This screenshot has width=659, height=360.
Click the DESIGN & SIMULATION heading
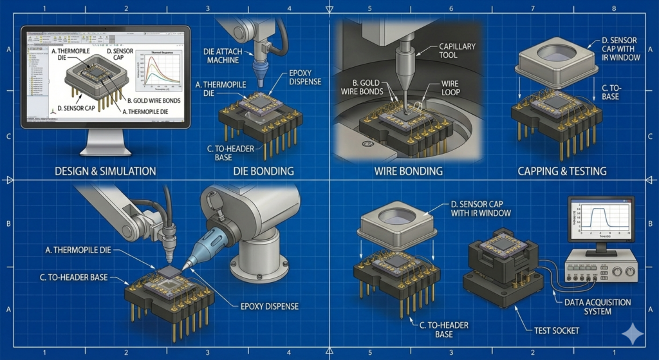pyautogui.click(x=106, y=171)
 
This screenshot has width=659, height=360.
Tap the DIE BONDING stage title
pyautogui.click(x=263, y=171)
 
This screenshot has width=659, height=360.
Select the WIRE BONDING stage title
pyautogui.click(x=408, y=171)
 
